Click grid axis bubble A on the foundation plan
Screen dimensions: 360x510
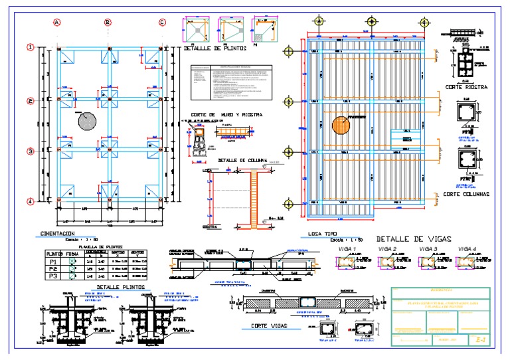point(57,22)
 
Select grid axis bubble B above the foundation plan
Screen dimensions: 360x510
point(108,22)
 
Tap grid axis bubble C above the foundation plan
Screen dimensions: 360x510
point(162,22)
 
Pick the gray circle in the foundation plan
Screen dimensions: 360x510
point(86,120)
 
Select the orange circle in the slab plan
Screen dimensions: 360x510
point(341,126)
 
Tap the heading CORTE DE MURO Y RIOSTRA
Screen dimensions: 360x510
point(226,114)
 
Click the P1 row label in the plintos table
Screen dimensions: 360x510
point(52,262)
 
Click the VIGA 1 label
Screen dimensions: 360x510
point(347,248)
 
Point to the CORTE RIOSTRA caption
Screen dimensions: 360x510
point(467,87)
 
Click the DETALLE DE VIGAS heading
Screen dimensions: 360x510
point(413,238)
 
